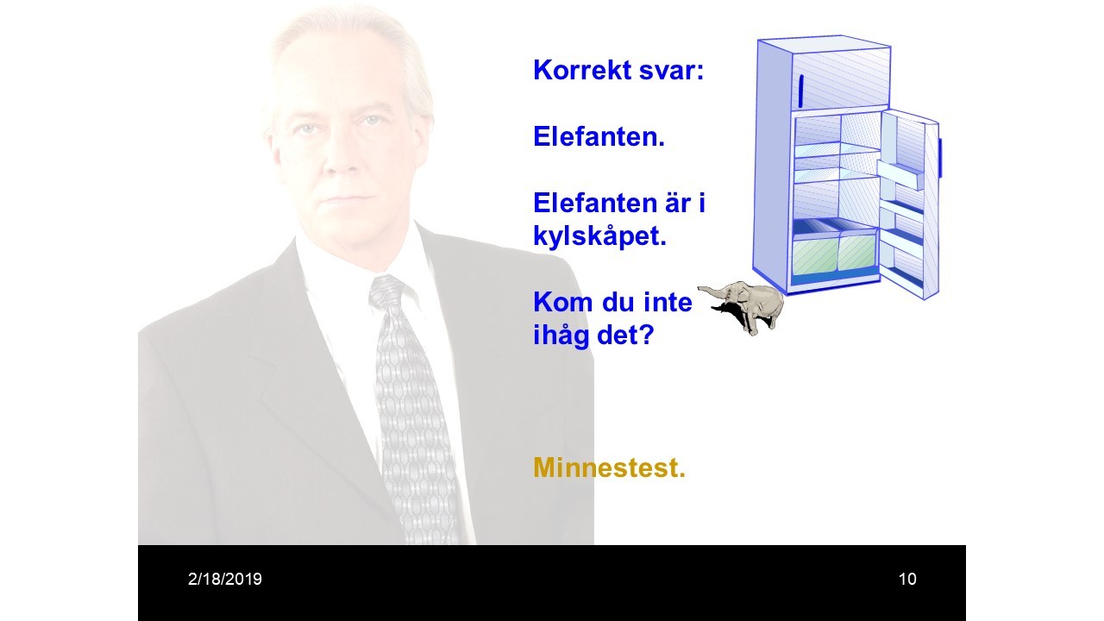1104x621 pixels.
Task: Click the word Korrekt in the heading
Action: [x=581, y=70]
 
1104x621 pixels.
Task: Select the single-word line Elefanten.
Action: [x=599, y=136]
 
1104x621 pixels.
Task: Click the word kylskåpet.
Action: [x=599, y=237]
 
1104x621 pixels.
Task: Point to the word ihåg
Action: [x=561, y=336]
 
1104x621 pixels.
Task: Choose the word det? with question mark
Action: [x=625, y=335]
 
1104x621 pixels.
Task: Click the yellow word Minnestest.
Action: [x=609, y=467]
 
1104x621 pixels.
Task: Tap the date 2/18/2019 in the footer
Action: [x=225, y=579]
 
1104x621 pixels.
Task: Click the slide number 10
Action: [x=907, y=579]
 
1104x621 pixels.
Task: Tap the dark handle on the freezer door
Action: [x=801, y=91]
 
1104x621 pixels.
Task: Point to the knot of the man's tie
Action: [x=386, y=292]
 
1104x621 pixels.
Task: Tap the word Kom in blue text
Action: [x=563, y=302]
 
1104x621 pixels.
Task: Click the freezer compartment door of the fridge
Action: [x=841, y=78]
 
